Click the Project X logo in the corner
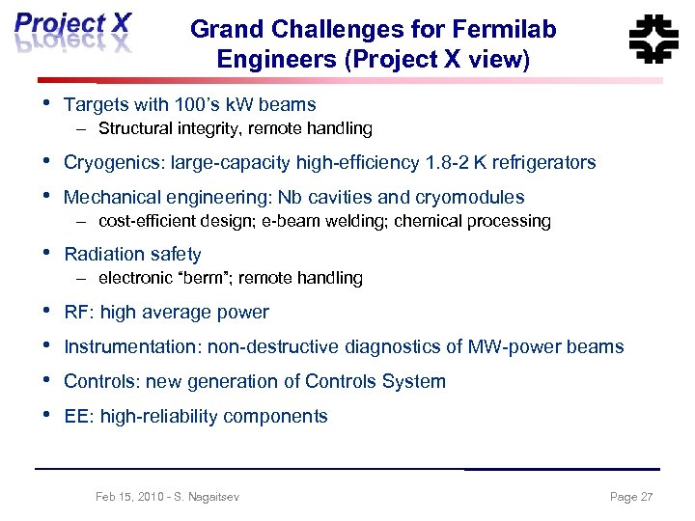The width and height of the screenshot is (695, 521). (72, 35)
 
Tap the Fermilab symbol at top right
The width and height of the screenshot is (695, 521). (653, 39)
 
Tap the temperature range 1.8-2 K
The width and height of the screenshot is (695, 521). (459, 162)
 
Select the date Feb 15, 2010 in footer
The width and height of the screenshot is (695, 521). (129, 497)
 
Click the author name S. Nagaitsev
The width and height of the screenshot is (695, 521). (206, 497)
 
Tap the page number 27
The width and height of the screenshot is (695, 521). (646, 497)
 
